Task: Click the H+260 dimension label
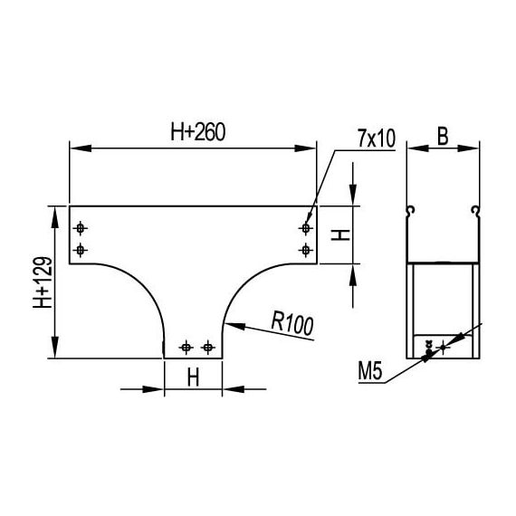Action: click(197, 132)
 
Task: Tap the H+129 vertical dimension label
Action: click(43, 282)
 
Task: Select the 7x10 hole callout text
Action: click(377, 139)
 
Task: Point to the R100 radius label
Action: click(292, 324)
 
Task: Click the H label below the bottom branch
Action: click(193, 377)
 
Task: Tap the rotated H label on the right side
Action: click(340, 235)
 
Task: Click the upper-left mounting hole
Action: click(80, 228)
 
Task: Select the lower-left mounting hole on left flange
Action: click(80, 251)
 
